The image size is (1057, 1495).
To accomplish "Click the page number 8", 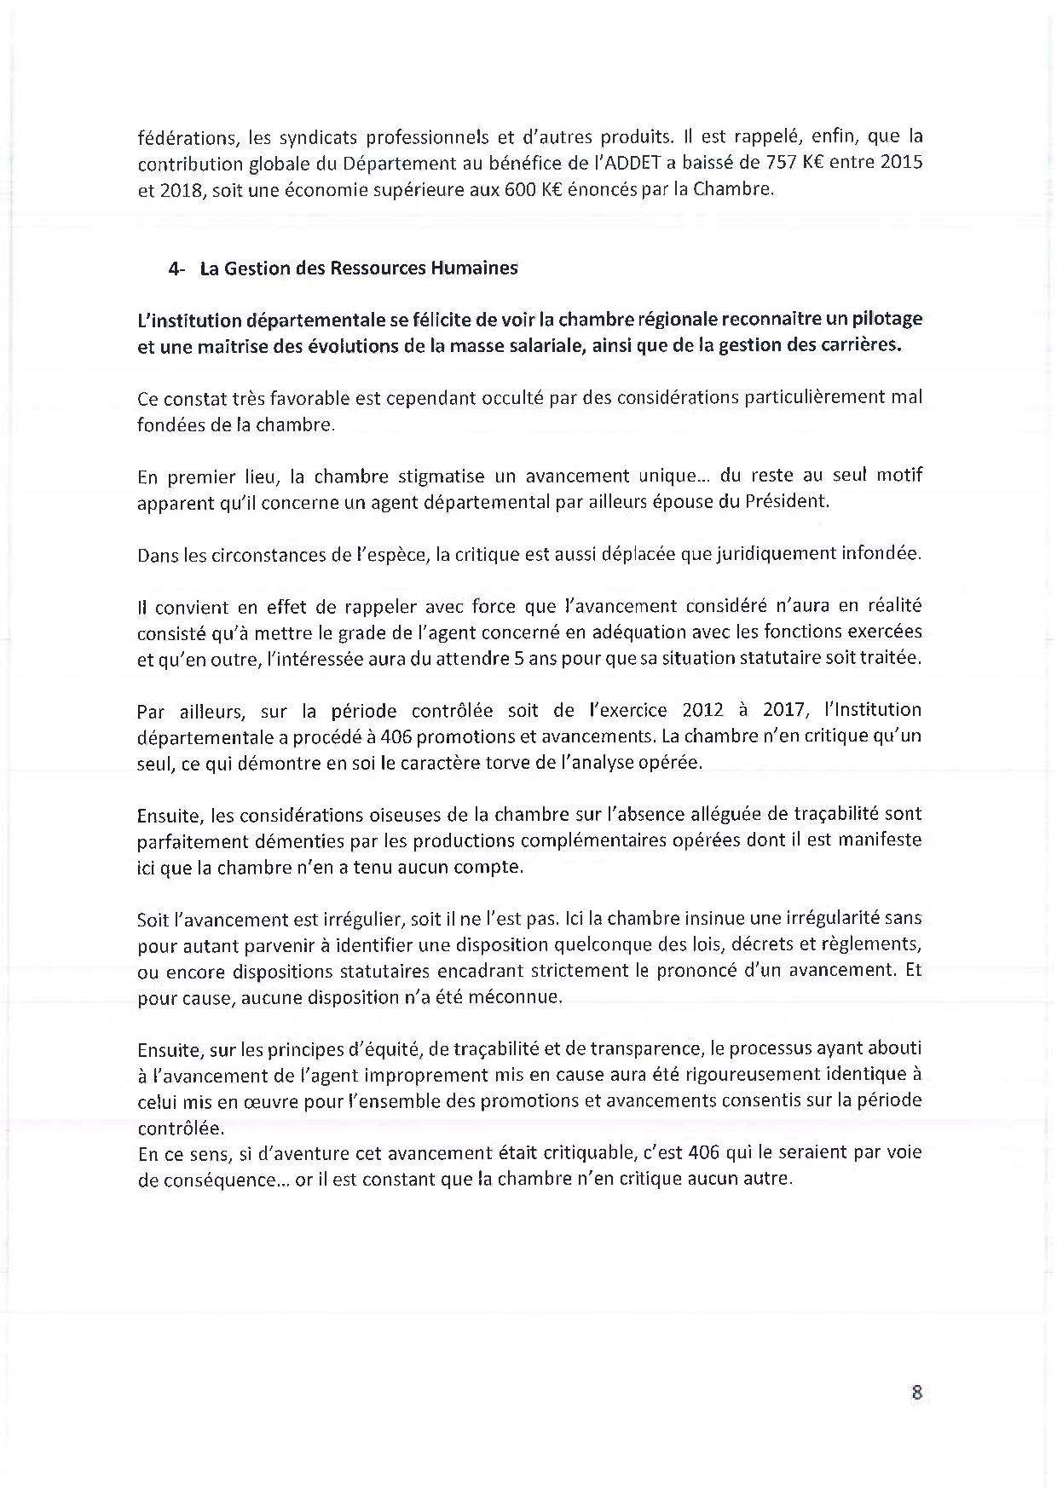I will tap(917, 1393).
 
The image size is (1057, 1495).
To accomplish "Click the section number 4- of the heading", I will tap(177, 268).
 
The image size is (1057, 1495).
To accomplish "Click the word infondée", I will tap(877, 554).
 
